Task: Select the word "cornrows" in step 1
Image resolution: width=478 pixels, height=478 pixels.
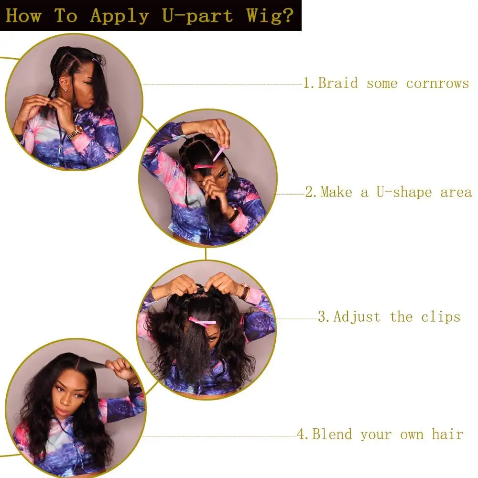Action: pyautogui.click(x=437, y=83)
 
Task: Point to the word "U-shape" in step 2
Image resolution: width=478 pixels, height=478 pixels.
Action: pyautogui.click(x=405, y=192)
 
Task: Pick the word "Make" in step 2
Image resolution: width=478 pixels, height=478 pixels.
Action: pyautogui.click(x=338, y=192)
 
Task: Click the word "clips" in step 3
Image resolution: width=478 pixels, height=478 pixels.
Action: pyautogui.click(x=441, y=316)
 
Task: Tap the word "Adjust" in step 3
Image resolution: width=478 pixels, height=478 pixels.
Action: pyautogui.click(x=357, y=316)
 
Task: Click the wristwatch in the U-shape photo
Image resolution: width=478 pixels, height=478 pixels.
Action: pyautogui.click(x=233, y=215)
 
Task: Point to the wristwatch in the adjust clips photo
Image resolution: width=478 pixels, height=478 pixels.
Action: pyautogui.click(x=245, y=291)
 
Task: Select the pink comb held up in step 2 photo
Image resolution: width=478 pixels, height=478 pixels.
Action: pyautogui.click(x=219, y=154)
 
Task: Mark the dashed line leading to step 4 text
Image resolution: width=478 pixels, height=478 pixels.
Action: pyautogui.click(x=220, y=436)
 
